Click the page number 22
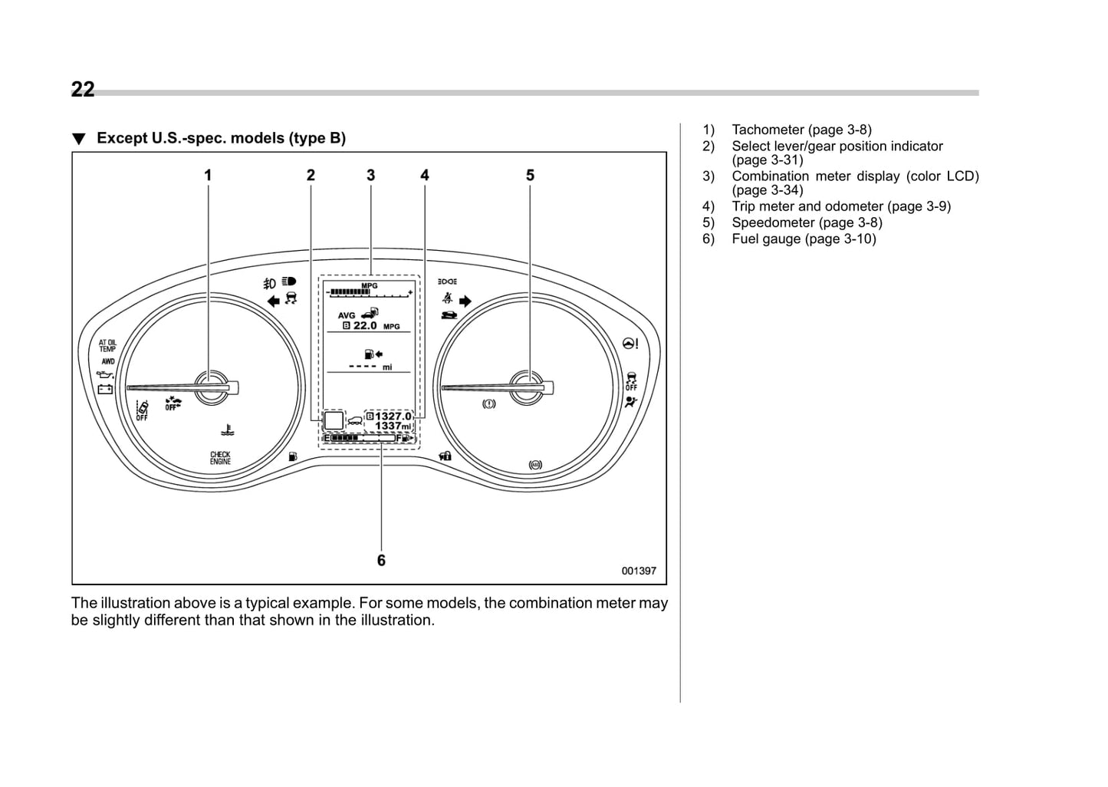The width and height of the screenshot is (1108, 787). pyautogui.click(x=83, y=90)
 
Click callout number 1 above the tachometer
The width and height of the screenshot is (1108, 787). pyautogui.click(x=208, y=176)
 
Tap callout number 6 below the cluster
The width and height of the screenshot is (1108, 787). pyautogui.click(x=381, y=561)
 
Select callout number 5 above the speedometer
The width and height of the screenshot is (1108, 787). pyautogui.click(x=530, y=176)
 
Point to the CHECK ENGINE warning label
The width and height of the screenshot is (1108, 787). pyautogui.click(x=220, y=458)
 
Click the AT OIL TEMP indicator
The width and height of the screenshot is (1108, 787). pyautogui.click(x=107, y=346)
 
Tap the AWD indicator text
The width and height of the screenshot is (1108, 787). pyautogui.click(x=107, y=361)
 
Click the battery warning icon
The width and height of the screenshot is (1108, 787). pyautogui.click(x=105, y=389)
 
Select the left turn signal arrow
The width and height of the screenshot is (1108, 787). pyautogui.click(x=273, y=301)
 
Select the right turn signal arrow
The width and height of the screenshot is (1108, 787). pyautogui.click(x=465, y=301)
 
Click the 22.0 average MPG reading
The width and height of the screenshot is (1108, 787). pyautogui.click(x=365, y=326)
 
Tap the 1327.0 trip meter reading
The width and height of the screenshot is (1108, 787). pyautogui.click(x=393, y=416)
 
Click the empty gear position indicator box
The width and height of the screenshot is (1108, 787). pyautogui.click(x=334, y=420)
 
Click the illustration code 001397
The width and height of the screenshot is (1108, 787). pyautogui.click(x=639, y=571)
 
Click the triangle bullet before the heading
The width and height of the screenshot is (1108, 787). pyautogui.click(x=78, y=139)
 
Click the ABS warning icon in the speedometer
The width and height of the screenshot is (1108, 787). pyautogui.click(x=535, y=464)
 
